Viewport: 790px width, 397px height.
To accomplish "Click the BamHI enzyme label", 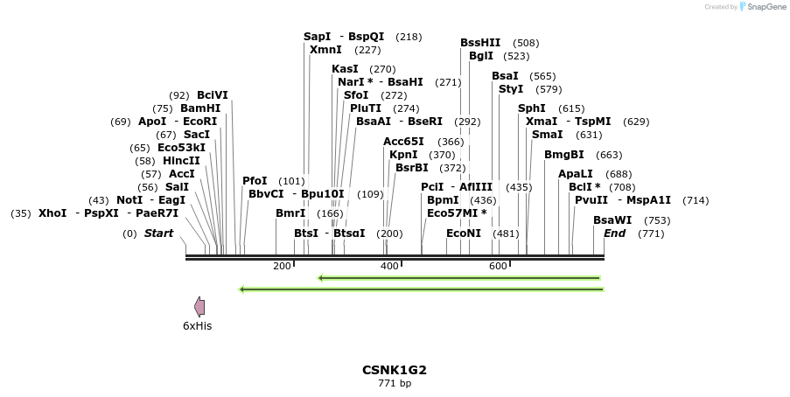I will coord(200,108).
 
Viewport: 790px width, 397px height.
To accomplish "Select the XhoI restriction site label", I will coord(52,213).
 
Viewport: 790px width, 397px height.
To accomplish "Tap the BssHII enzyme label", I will coord(480,43).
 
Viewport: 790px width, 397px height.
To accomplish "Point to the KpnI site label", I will coord(403,155).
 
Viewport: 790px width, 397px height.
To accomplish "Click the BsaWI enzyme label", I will coord(612,220).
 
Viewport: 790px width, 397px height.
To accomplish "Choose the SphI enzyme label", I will coord(532,108).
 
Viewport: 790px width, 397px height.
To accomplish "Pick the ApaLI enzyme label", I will coord(576,174).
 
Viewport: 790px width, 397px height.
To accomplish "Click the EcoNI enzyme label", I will coord(464,233).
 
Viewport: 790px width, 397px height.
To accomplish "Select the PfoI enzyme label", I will coord(255,181).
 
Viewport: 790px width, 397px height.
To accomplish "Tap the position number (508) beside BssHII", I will coord(526,43).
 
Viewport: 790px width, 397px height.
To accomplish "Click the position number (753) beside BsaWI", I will coord(657,220).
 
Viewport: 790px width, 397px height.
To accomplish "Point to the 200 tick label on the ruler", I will coord(282,266).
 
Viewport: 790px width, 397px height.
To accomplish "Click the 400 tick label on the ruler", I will coord(390,266).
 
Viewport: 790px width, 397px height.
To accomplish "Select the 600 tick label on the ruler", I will coord(499,266).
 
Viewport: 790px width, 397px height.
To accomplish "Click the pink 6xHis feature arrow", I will coord(199,306).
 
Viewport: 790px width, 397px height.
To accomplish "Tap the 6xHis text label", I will coord(198,326).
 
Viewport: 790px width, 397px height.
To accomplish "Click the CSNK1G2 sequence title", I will coord(395,370).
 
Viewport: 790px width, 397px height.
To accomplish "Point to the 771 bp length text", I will coord(395,383).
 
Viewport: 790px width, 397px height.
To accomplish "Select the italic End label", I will coord(614,233).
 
